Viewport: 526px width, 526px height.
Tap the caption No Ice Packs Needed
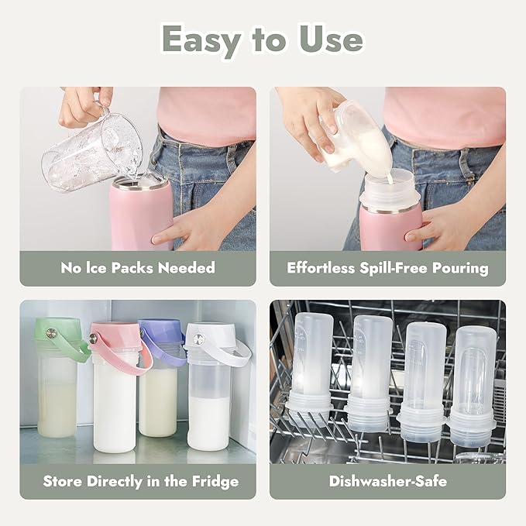tap(138, 268)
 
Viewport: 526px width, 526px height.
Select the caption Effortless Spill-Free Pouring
tap(387, 268)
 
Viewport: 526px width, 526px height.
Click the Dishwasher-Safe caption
tap(387, 481)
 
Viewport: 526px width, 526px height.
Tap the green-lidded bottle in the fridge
tap(57, 380)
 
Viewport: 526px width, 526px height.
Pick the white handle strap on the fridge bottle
tap(232, 352)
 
